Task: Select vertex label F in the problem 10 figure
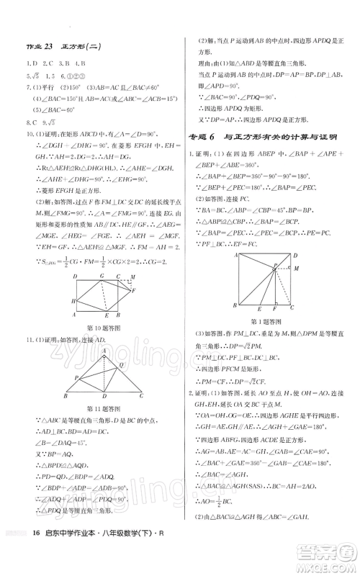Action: coord(135,291)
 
